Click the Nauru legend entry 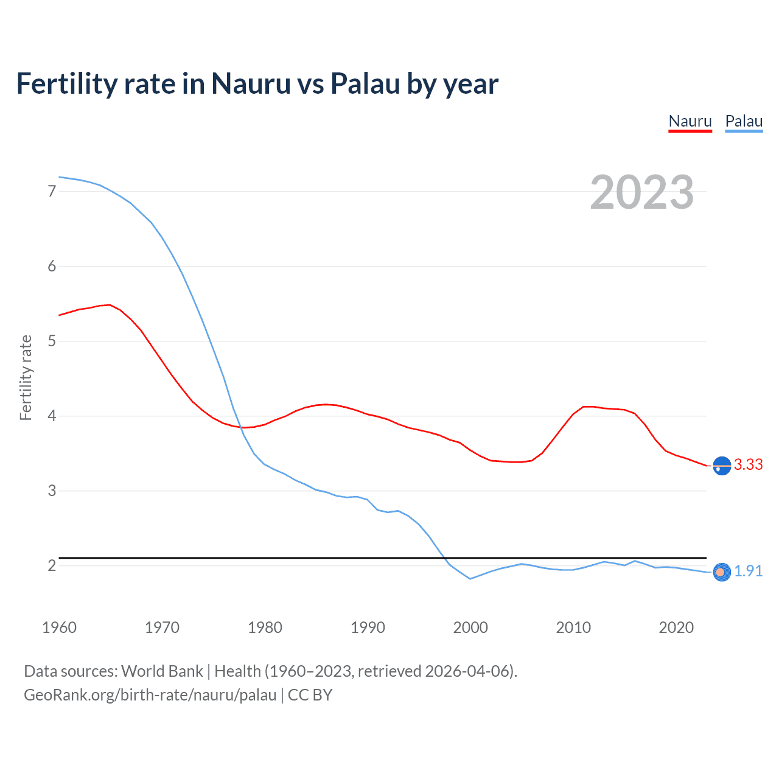pyautogui.click(x=690, y=121)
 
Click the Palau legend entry pyautogui.click(x=744, y=121)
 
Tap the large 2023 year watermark pyautogui.click(x=642, y=192)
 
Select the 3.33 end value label pyautogui.click(x=748, y=465)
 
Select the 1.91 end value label pyautogui.click(x=748, y=571)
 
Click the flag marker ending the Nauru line pyautogui.click(x=722, y=466)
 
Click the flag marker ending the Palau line pyautogui.click(x=722, y=572)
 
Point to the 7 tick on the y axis pyautogui.click(x=52, y=192)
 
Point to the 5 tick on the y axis pyautogui.click(x=52, y=341)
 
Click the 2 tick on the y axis pyautogui.click(x=52, y=566)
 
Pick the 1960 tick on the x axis pyautogui.click(x=59, y=627)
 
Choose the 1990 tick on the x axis pyautogui.click(x=368, y=627)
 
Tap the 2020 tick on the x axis pyautogui.click(x=676, y=627)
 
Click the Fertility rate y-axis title pyautogui.click(x=26, y=377)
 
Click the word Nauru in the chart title pyautogui.click(x=251, y=84)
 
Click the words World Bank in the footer pyautogui.click(x=162, y=671)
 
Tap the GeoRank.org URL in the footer pyautogui.click(x=150, y=695)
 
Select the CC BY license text pyautogui.click(x=310, y=695)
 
